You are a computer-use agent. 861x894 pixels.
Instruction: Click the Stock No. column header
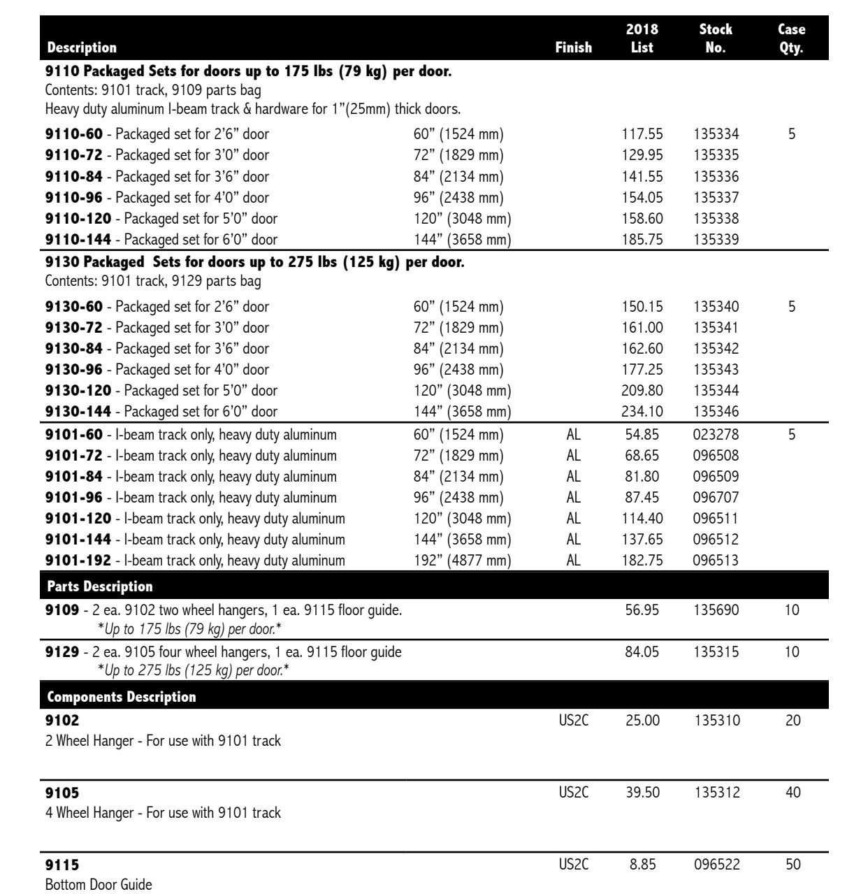click(716, 38)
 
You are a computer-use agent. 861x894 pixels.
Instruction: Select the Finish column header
click(573, 48)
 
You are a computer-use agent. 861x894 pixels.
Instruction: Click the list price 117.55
click(642, 134)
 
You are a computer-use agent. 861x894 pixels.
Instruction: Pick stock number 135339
click(716, 240)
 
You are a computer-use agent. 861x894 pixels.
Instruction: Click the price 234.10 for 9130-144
click(642, 412)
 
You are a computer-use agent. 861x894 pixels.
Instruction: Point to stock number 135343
click(716, 369)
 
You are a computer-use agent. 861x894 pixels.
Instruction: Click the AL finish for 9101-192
click(573, 561)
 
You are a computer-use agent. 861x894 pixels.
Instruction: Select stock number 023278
click(716, 435)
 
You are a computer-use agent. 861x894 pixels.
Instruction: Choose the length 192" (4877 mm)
click(462, 561)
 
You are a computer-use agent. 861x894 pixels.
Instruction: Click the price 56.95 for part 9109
click(642, 611)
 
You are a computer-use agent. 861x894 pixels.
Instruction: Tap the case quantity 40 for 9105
click(792, 793)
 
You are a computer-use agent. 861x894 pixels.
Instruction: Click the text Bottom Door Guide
click(98, 885)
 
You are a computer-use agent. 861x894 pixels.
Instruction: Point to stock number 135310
click(716, 721)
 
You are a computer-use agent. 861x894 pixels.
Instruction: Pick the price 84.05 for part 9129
click(642, 653)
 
